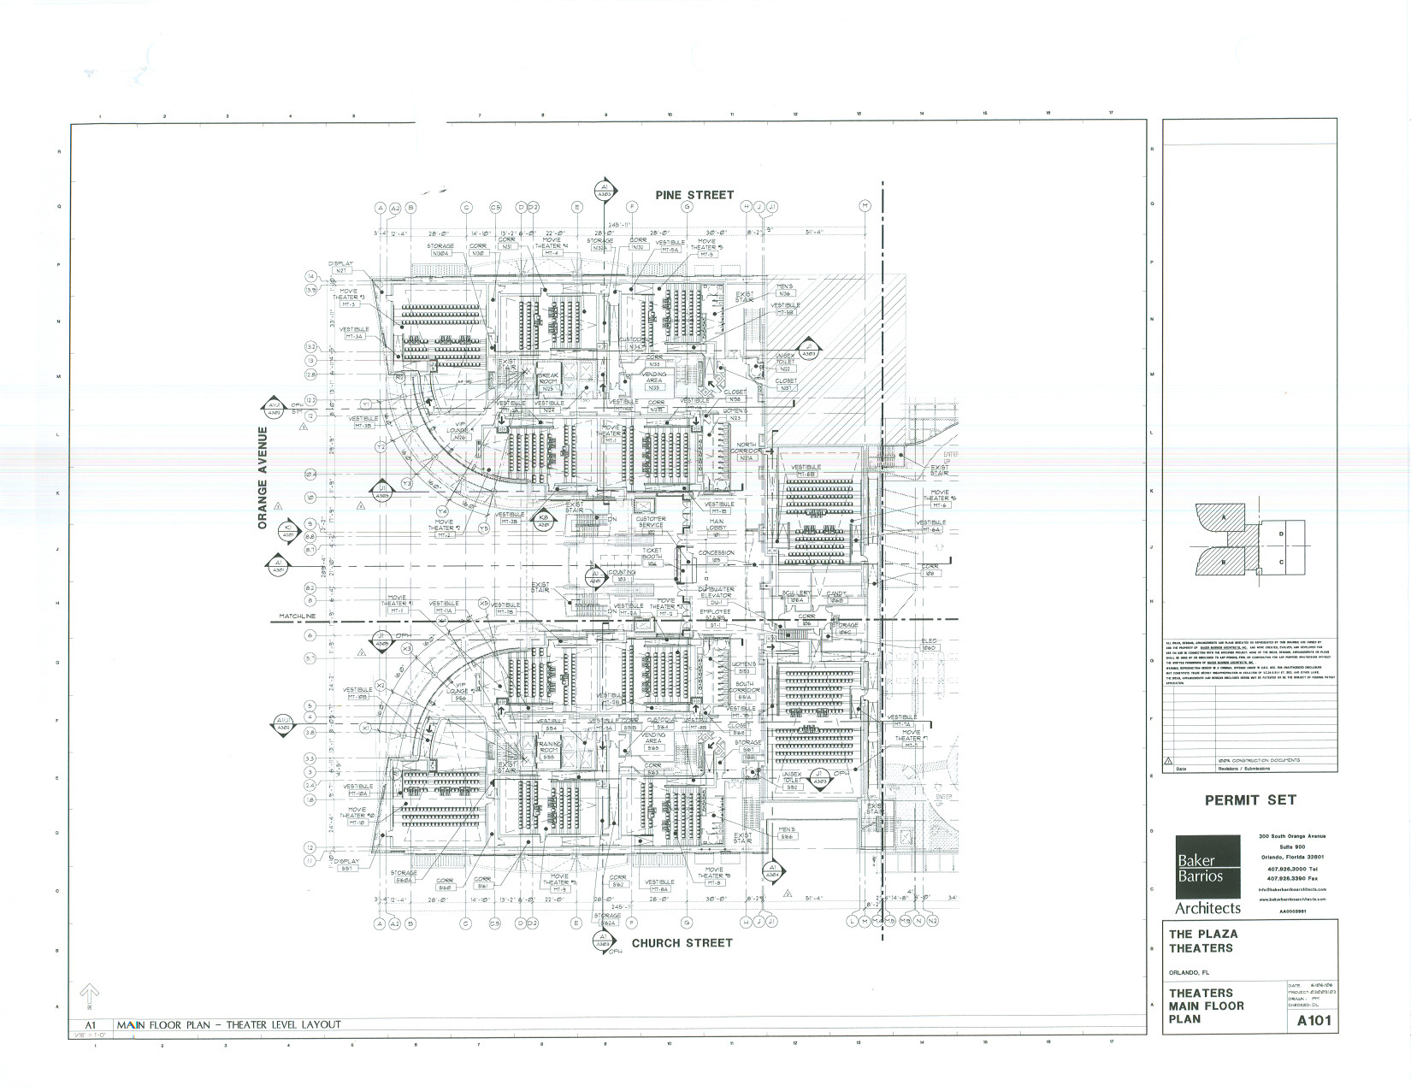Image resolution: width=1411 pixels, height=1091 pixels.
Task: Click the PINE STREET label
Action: (694, 195)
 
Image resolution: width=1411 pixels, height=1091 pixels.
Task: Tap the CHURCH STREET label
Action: (682, 943)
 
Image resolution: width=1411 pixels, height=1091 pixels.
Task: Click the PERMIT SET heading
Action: (1250, 800)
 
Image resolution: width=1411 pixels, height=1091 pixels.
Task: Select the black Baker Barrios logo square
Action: (1199, 865)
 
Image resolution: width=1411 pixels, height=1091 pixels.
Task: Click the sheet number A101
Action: (1314, 1021)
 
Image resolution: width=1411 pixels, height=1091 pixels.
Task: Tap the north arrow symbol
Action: (88, 995)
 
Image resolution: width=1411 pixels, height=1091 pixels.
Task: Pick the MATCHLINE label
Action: (298, 616)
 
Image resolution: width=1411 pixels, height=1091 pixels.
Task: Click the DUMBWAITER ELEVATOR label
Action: (715, 593)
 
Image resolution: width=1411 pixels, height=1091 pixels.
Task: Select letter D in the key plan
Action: (1280, 534)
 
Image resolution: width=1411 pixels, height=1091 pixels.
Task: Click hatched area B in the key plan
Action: (1225, 562)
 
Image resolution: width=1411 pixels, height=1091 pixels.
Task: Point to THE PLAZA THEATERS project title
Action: (1202, 941)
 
